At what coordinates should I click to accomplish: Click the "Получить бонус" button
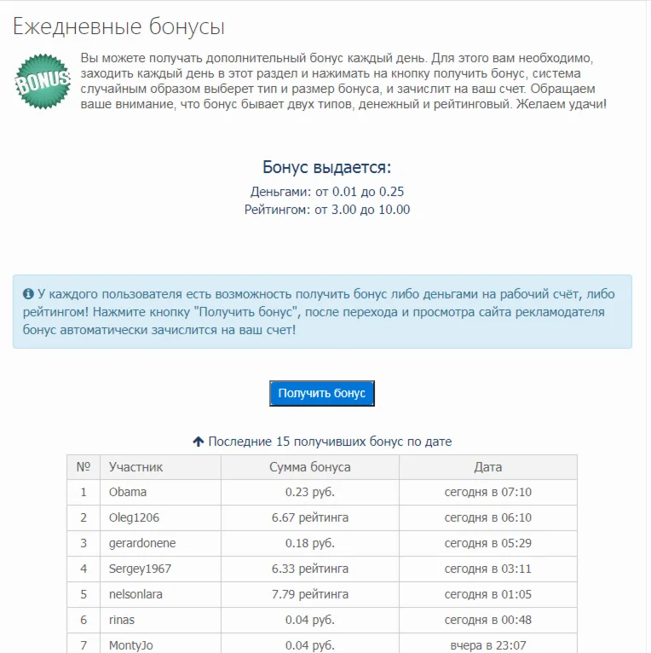point(321,393)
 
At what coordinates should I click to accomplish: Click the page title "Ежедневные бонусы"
point(118,26)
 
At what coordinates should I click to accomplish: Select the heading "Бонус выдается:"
point(326,167)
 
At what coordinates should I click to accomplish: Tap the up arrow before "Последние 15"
point(199,442)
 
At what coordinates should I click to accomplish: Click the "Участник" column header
point(135,467)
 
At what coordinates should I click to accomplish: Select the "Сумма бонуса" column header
point(309,467)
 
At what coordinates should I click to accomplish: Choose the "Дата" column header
point(487,467)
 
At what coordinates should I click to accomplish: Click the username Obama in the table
point(128,492)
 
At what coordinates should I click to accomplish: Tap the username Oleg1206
point(134,517)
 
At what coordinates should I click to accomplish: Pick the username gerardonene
point(142,543)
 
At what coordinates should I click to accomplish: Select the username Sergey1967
point(140,569)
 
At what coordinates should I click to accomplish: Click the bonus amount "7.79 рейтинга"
point(309,594)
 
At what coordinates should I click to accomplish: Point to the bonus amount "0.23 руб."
point(309,492)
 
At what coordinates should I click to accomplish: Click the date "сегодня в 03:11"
point(487,569)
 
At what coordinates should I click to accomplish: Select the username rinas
point(122,620)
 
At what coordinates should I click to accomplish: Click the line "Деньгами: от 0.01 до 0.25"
point(326,192)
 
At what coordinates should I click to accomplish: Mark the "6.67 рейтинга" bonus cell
point(309,517)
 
